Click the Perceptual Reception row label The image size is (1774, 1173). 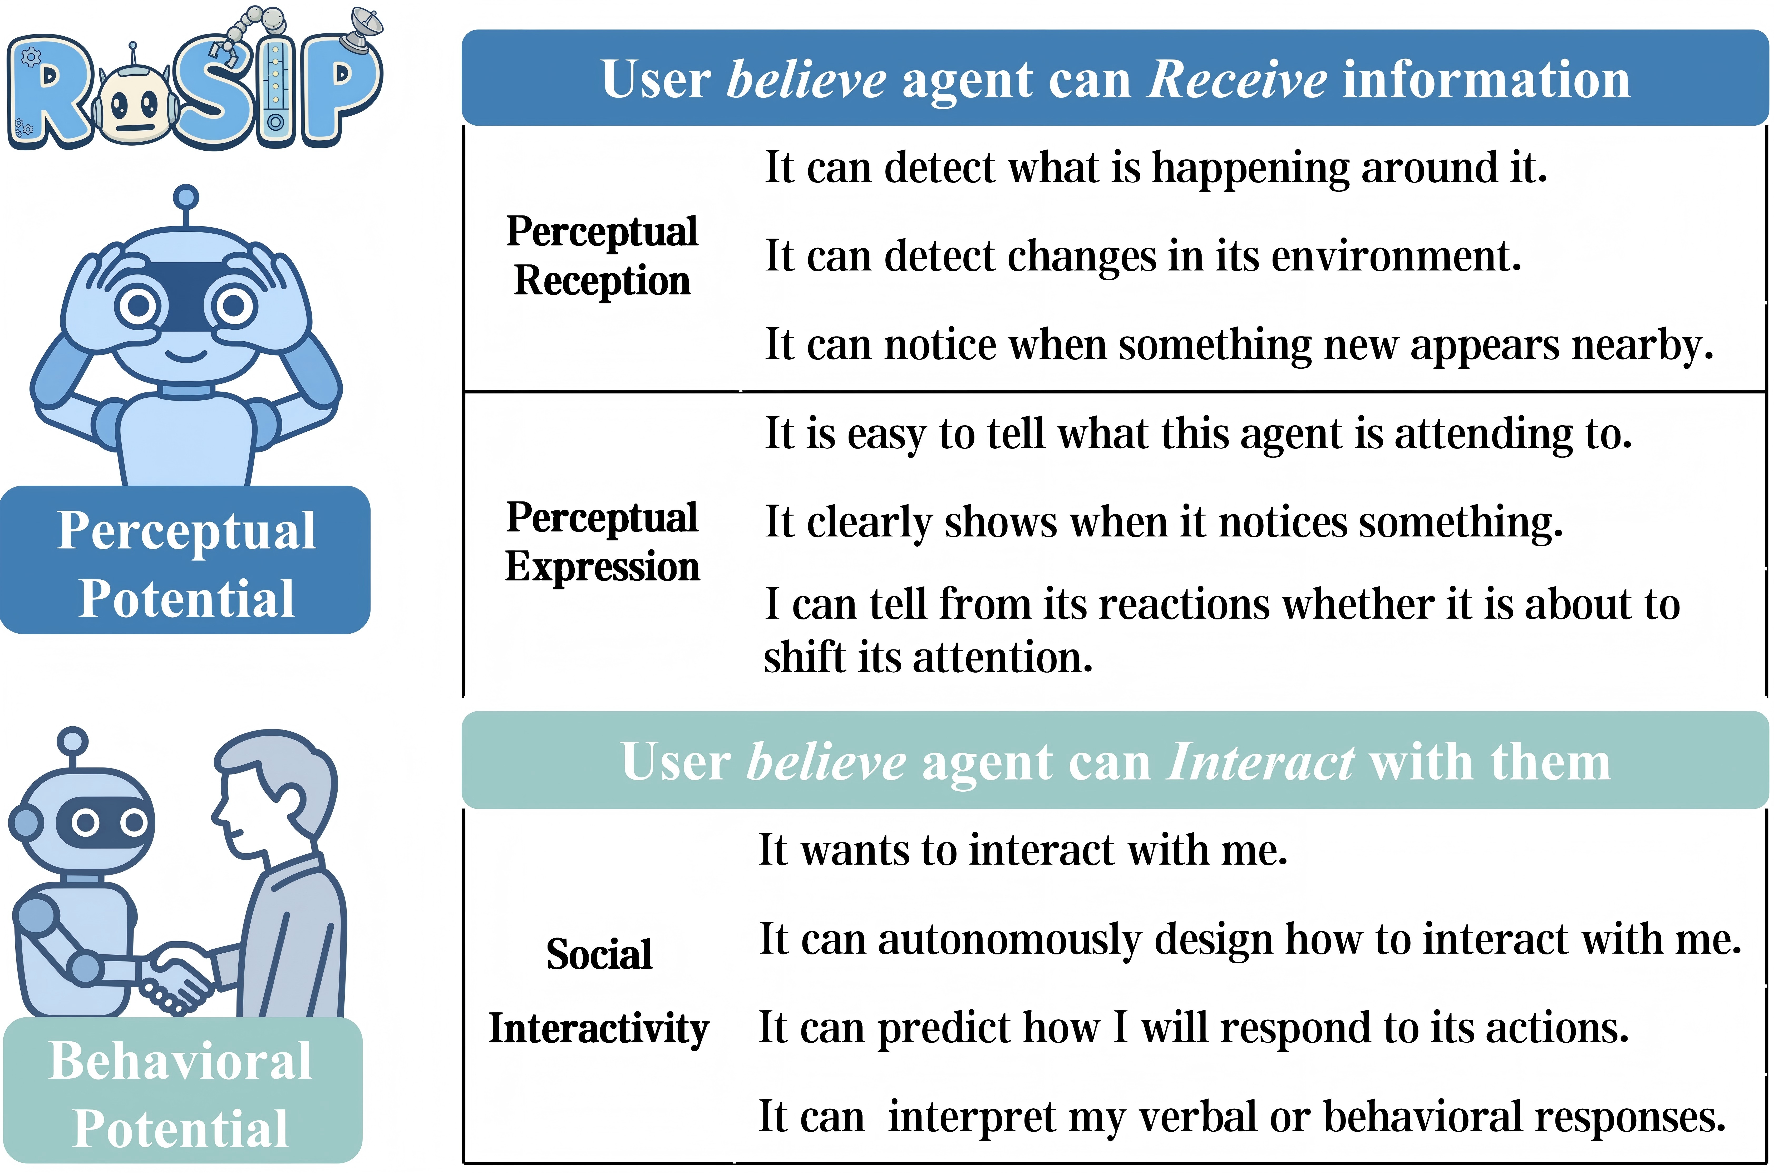click(602, 256)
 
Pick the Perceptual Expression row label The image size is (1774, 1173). click(602, 542)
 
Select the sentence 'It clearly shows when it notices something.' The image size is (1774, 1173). click(1164, 522)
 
